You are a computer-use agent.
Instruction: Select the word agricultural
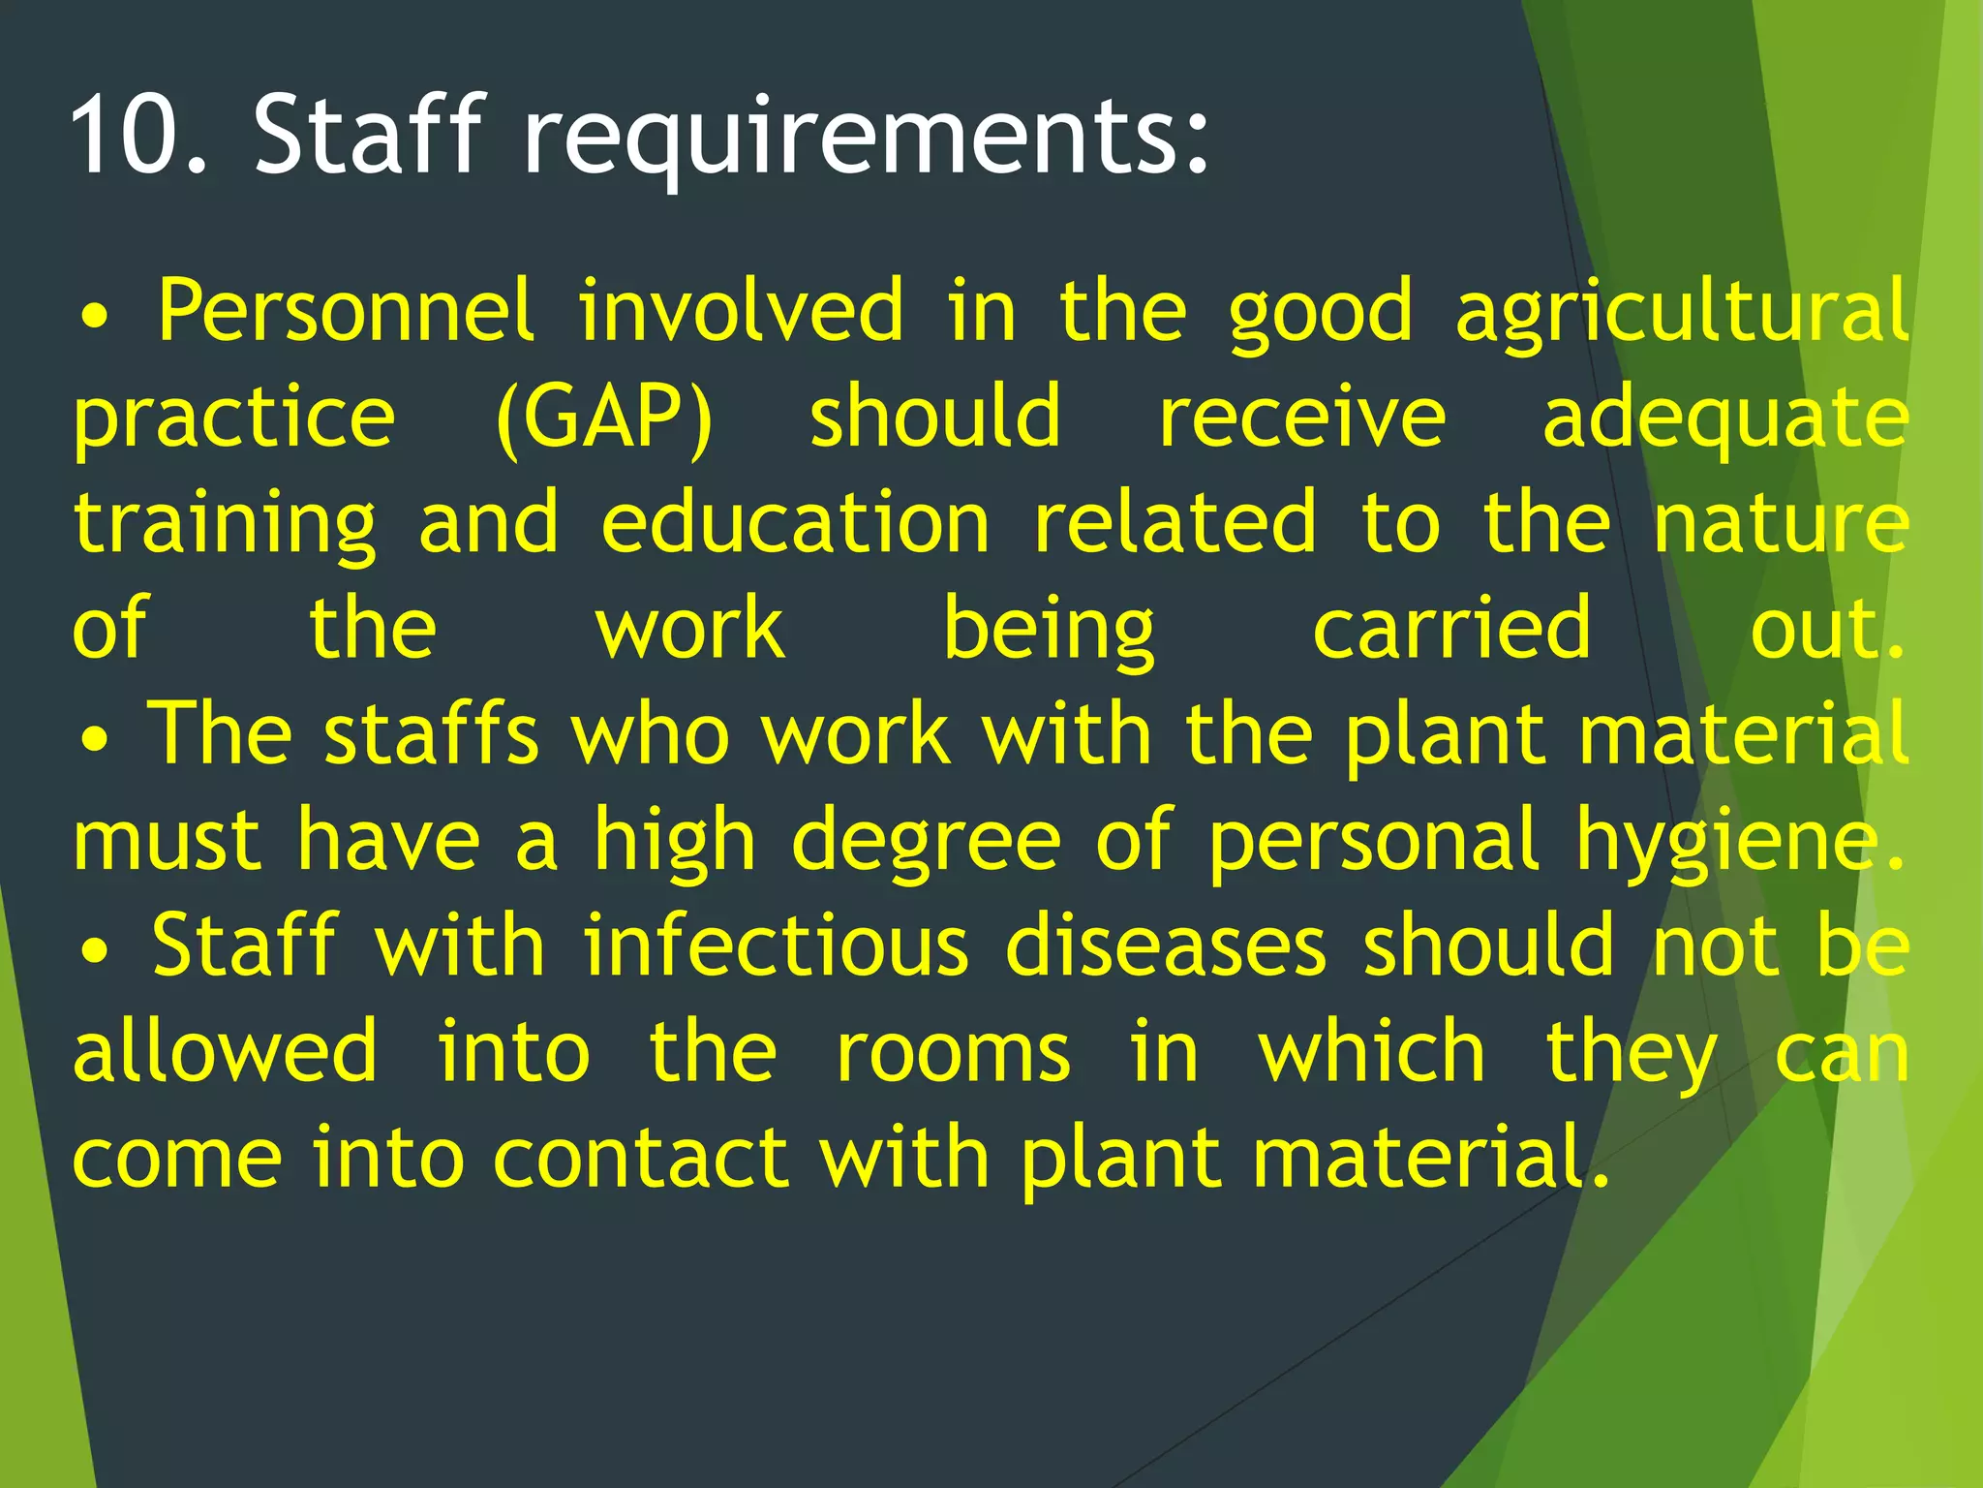click(1682, 312)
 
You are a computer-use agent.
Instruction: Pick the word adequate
click(1724, 418)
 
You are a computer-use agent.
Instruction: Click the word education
click(795, 523)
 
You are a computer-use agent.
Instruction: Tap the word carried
click(1451, 630)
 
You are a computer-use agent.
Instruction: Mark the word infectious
click(776, 946)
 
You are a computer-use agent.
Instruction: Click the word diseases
click(1166, 946)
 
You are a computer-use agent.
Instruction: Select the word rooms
click(954, 1053)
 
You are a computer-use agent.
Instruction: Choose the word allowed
click(225, 1051)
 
